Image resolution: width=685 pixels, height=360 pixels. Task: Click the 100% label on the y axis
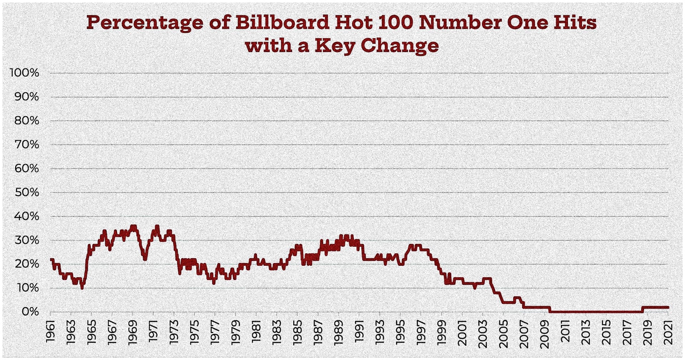click(24, 73)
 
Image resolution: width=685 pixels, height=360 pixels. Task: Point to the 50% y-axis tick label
click(27, 192)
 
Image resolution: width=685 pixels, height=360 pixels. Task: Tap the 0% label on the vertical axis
click(30, 311)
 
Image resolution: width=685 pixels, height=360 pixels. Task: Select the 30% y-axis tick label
click(27, 240)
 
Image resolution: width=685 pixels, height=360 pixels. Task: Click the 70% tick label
click(27, 144)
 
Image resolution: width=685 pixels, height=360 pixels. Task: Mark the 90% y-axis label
click(27, 97)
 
